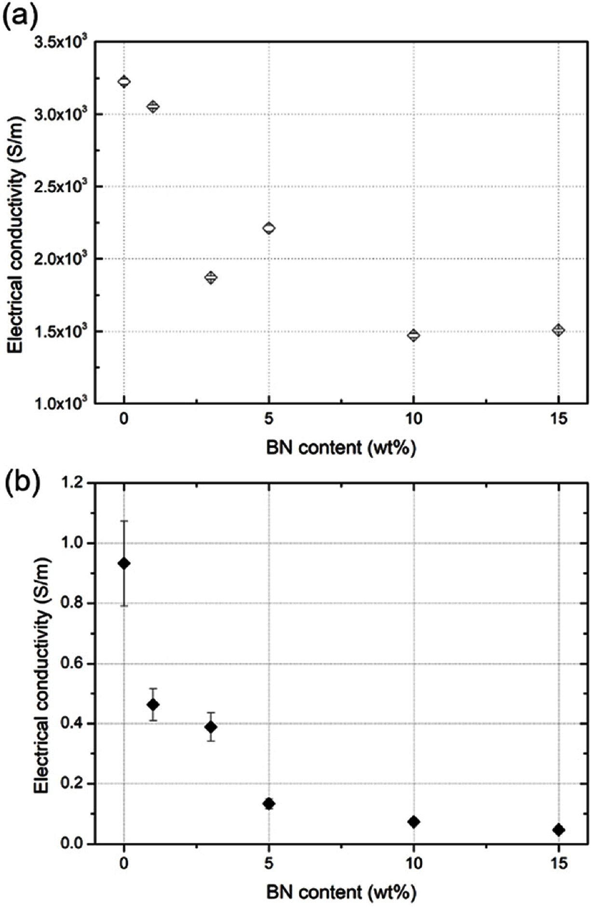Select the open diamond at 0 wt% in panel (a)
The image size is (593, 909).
pyautogui.click(x=124, y=81)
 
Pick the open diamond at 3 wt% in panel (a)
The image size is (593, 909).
pyautogui.click(x=211, y=277)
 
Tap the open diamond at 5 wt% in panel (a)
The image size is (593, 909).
pyautogui.click(x=269, y=228)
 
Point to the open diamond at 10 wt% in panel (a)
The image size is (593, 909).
pyautogui.click(x=413, y=335)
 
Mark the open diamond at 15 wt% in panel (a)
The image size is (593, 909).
pyautogui.click(x=558, y=330)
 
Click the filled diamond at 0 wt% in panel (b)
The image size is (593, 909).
pyautogui.click(x=124, y=563)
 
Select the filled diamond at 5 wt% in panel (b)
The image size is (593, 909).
pyautogui.click(x=269, y=803)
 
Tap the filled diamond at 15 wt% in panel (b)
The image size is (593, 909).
pyautogui.click(x=558, y=830)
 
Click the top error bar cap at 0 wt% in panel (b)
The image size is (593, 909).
pyautogui.click(x=124, y=521)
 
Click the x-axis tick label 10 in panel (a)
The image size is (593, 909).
pyautogui.click(x=413, y=419)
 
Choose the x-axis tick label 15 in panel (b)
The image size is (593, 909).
pyautogui.click(x=558, y=863)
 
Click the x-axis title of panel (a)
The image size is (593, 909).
pyautogui.click(x=340, y=448)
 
